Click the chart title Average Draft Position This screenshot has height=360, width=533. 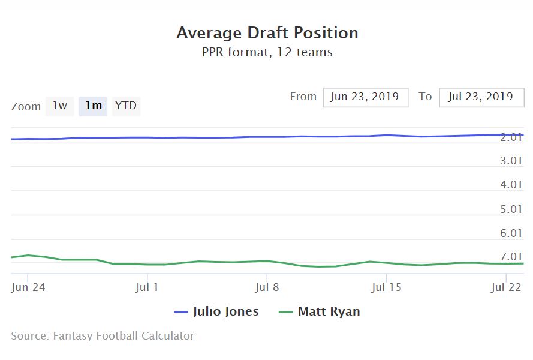point(267,32)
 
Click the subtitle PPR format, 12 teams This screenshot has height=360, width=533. point(267,52)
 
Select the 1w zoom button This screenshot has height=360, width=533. point(59,106)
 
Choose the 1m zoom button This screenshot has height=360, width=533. point(93,106)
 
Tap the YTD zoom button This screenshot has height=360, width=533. point(126,106)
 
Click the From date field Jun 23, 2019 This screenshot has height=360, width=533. point(366,97)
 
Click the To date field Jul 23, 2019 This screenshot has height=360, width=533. point(481,97)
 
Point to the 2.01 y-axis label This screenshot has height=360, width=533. point(511,137)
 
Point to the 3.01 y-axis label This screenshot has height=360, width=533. point(511,161)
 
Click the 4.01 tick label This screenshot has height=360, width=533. point(511,185)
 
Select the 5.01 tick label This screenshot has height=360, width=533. point(511,209)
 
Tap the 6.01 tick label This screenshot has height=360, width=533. point(511,233)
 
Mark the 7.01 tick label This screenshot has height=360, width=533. point(511,257)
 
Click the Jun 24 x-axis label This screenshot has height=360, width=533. point(28,287)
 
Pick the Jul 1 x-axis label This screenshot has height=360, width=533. point(147,287)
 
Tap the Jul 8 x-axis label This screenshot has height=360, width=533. point(267,287)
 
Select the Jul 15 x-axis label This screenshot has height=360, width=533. point(387,287)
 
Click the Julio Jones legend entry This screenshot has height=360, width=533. point(216,312)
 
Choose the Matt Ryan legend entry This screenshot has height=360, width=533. point(320,312)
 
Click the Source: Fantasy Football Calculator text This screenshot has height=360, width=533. point(103,336)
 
